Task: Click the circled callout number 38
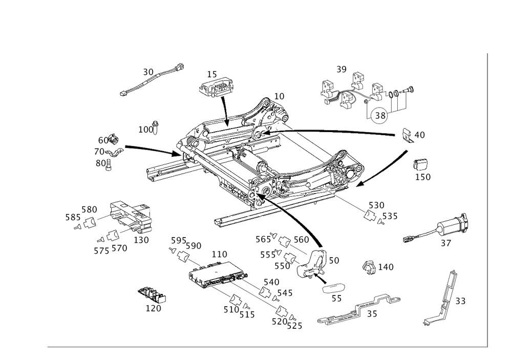380,115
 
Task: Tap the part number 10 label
279,96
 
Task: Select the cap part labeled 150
421,164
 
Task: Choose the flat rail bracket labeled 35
359,308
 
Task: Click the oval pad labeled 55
334,288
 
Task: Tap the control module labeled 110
216,274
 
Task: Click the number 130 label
141,240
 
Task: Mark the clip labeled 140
369,267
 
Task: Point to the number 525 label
294,326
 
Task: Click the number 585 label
73,217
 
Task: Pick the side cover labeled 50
311,264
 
